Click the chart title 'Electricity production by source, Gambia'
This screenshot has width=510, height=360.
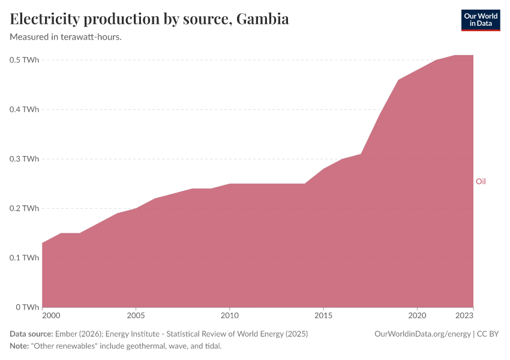pos(149,19)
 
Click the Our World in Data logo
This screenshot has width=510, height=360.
pos(480,20)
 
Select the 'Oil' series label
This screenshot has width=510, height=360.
pos(481,181)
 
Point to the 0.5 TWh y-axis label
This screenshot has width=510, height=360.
pos(25,60)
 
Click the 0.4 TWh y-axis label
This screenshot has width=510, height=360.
pos(25,109)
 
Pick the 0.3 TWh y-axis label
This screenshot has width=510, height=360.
pos(25,159)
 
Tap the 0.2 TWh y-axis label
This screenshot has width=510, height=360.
pos(25,208)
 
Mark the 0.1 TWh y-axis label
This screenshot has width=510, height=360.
pos(25,257)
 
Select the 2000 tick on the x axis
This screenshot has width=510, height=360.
pos(51,315)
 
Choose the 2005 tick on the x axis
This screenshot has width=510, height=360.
pos(136,315)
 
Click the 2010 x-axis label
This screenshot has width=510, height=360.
pos(230,315)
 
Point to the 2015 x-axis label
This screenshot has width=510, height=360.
pos(323,315)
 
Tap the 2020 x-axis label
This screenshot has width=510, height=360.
pos(417,315)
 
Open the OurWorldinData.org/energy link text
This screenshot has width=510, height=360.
pos(422,334)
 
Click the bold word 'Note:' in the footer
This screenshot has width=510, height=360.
pos(20,346)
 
